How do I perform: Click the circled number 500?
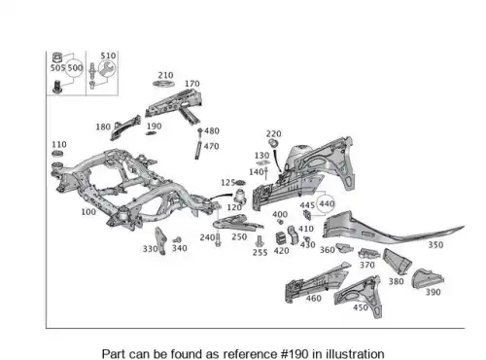pos(75,68)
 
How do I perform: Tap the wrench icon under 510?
pos(107,69)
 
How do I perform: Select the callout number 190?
pos(154,126)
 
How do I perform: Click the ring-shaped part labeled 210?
pos(163,84)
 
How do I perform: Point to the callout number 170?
pos(192,84)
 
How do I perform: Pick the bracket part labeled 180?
pos(125,127)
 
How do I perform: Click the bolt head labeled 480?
pos(200,130)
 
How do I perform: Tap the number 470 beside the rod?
pos(212,146)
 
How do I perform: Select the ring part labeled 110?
pos(57,154)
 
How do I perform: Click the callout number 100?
pos(88,212)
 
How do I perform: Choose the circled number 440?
pos(327,203)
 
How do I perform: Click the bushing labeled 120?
pos(240,196)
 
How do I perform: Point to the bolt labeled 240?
pos(218,240)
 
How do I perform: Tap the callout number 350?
pos(435,245)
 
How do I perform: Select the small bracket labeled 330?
pos(160,240)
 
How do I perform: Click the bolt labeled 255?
pos(260,241)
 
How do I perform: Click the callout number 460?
pos(314,299)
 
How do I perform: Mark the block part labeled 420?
pos(280,238)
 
